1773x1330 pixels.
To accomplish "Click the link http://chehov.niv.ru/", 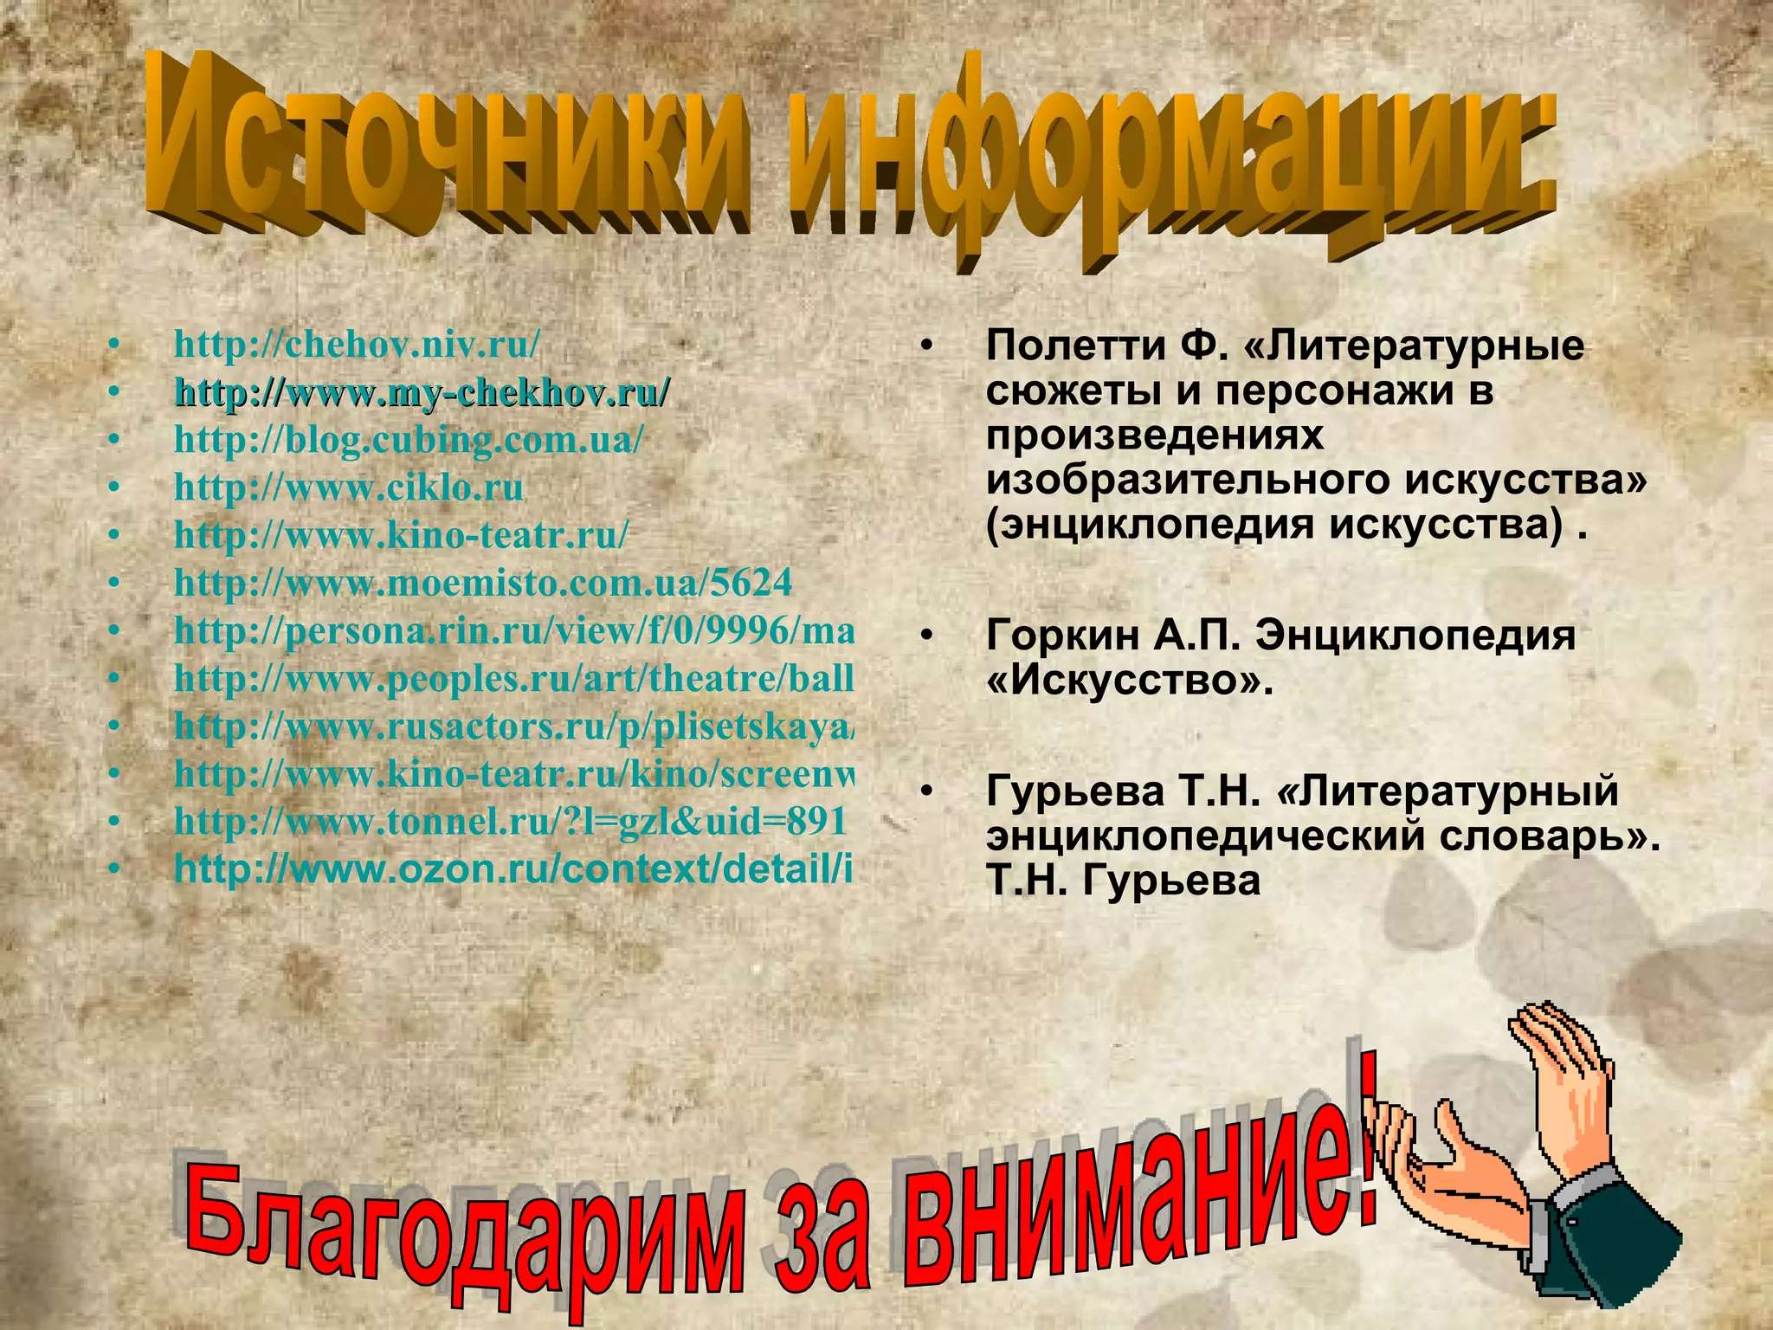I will coord(357,345).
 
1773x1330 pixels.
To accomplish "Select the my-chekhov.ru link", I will coord(422,392).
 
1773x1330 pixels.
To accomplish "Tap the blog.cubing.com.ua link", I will coord(409,440).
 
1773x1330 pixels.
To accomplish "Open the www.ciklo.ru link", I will coord(348,487).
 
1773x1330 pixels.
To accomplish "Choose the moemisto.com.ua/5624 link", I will coord(483,583).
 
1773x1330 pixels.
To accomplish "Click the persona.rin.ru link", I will coord(514,630).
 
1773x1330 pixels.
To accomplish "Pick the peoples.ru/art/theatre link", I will coord(514,678).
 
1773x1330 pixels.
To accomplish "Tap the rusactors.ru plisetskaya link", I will coord(514,726).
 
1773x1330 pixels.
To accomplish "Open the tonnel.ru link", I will coord(509,821).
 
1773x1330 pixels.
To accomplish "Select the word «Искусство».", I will coord(1130,681).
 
